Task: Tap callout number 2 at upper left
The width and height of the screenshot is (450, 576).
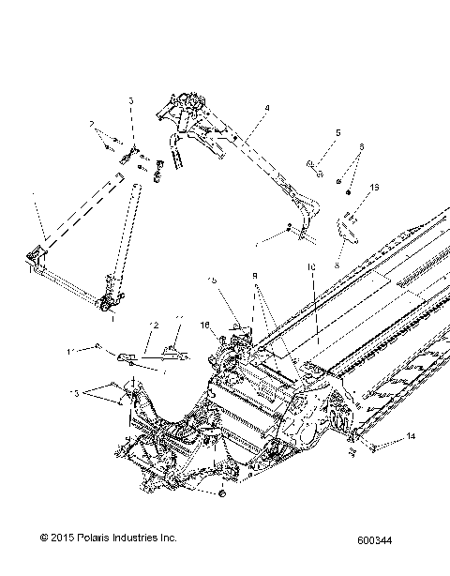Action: (x=93, y=124)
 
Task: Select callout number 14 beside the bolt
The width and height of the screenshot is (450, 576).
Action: (x=409, y=438)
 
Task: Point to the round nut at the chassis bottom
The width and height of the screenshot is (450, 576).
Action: (x=222, y=493)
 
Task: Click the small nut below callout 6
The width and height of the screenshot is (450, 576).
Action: (x=349, y=192)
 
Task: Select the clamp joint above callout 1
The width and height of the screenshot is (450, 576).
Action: (x=111, y=302)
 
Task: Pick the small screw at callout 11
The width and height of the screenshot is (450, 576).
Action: (x=98, y=347)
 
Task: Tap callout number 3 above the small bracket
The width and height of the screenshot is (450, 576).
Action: (x=131, y=100)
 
